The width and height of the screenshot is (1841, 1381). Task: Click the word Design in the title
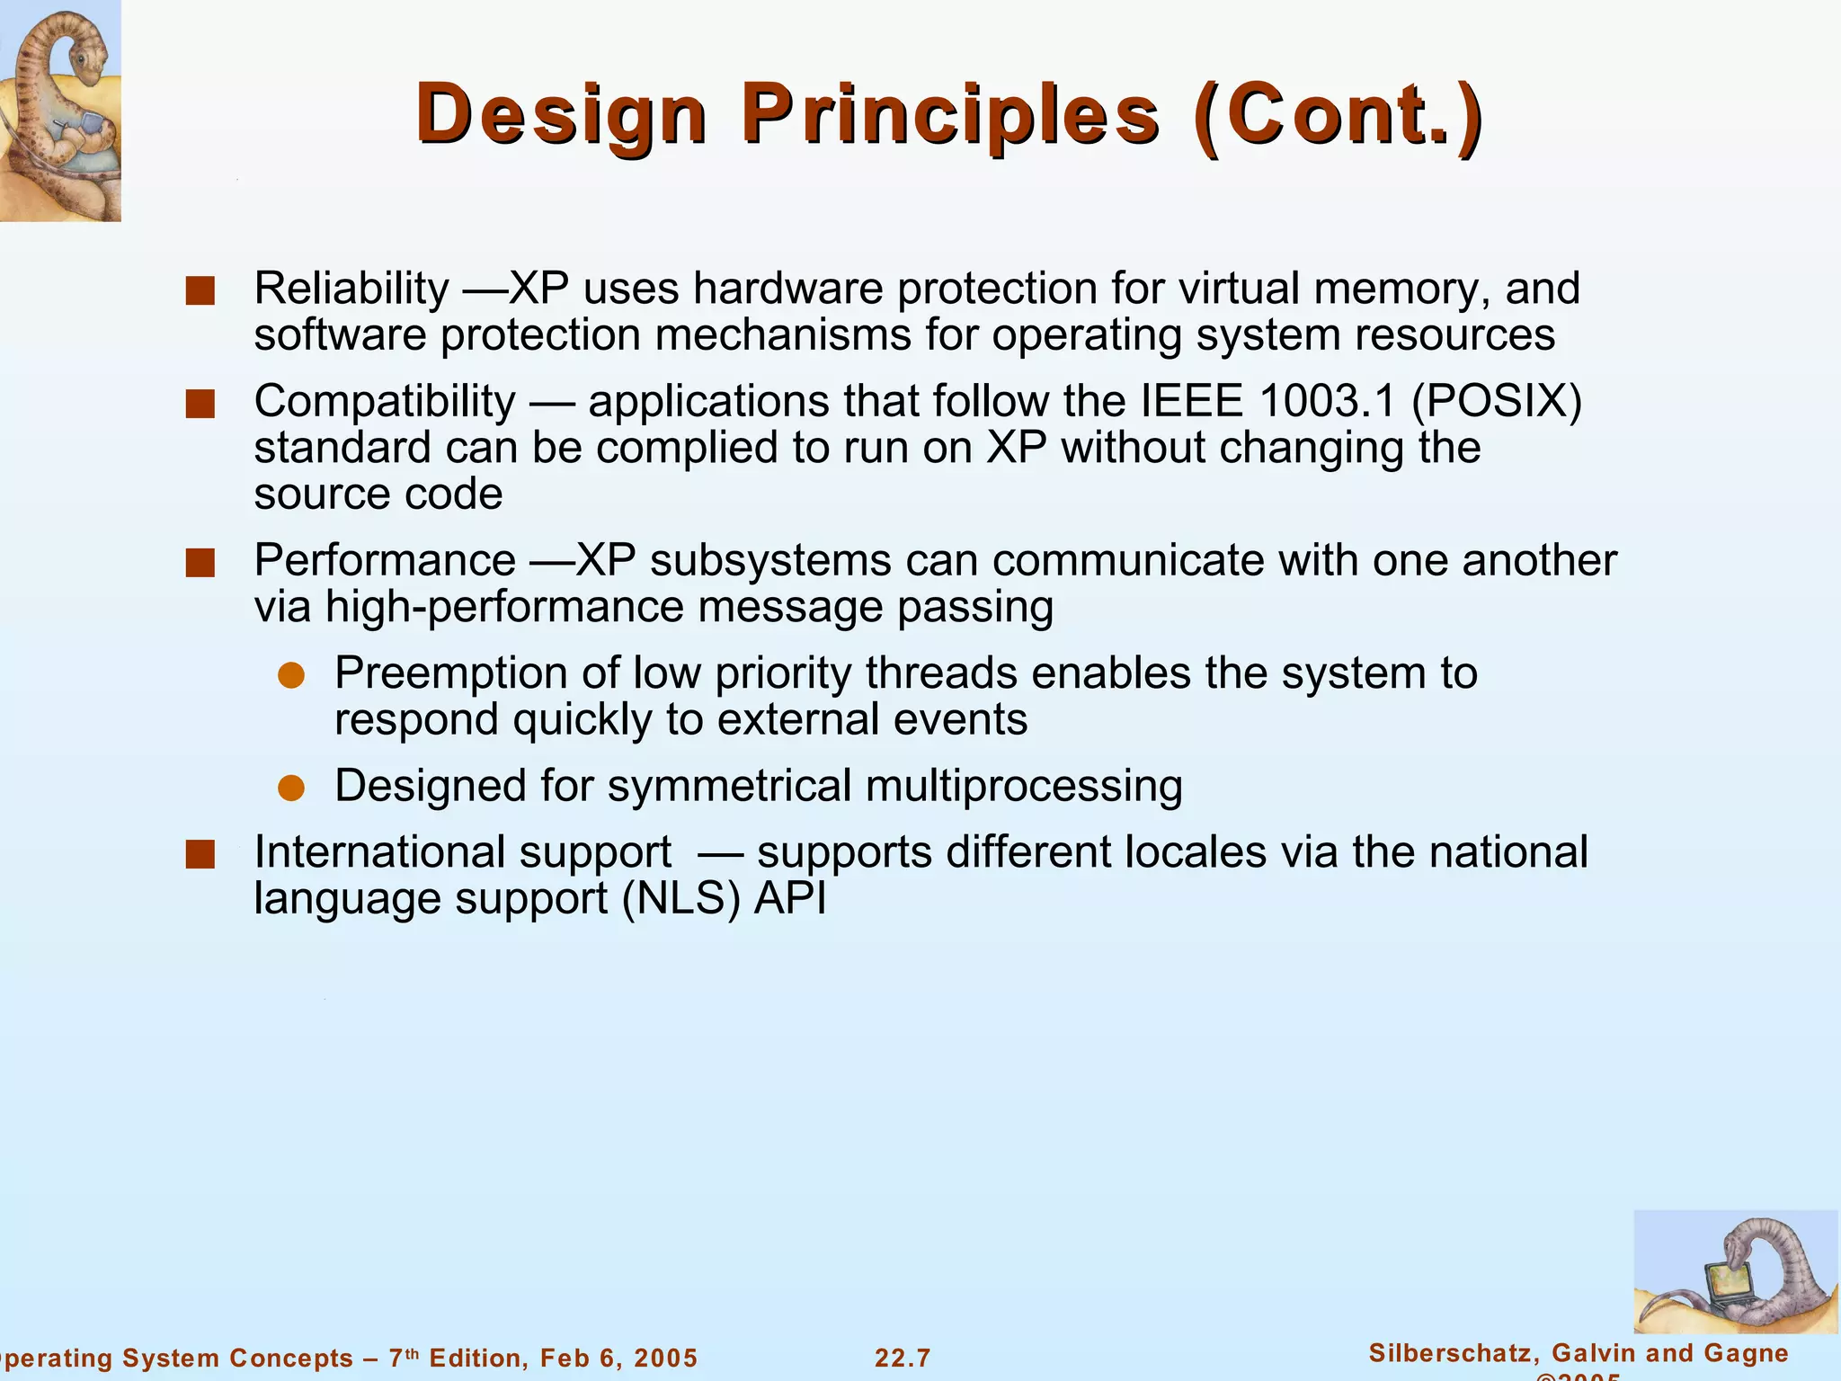[561, 115]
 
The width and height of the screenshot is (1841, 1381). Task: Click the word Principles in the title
[950, 115]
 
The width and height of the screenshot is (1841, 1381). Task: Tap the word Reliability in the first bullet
[351, 290]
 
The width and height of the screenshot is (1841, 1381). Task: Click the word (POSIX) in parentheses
[1497, 401]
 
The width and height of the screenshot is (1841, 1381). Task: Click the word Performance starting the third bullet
[385, 561]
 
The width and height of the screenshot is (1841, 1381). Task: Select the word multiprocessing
[1024, 786]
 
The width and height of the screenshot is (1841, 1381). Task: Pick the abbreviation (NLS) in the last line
[680, 899]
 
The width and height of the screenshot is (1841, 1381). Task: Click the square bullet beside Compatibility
[200, 405]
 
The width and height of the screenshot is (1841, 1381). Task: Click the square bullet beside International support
[200, 855]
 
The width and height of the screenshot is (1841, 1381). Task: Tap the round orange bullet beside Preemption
[291, 676]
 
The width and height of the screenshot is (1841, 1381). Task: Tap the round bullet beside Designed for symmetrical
[291, 789]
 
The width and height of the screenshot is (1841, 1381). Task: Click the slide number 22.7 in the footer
[903, 1358]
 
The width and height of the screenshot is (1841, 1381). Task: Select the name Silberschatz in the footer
[1452, 1353]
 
